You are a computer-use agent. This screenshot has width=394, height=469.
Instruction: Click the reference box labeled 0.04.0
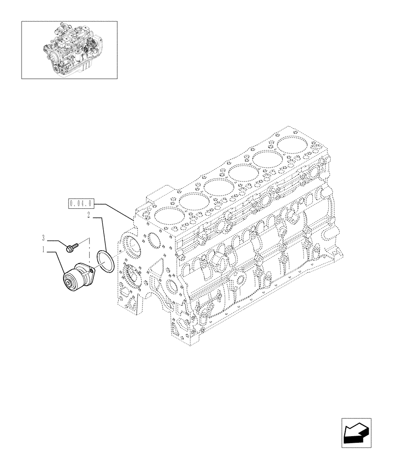click(x=82, y=203)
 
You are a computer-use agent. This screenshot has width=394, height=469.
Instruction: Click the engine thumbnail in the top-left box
click(x=69, y=49)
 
